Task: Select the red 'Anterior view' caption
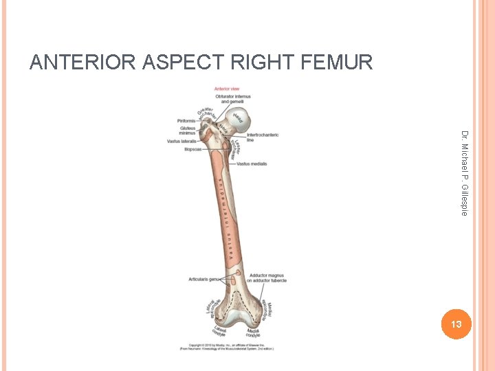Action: (x=226, y=89)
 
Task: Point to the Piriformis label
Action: (x=186, y=120)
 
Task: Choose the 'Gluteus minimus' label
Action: (x=188, y=130)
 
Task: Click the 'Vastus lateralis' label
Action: (x=181, y=142)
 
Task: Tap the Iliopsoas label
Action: (x=192, y=149)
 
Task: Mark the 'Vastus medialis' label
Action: (x=252, y=164)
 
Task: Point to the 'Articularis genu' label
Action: (x=204, y=279)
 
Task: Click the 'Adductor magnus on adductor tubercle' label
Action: (x=267, y=278)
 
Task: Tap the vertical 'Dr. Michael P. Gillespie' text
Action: (x=465, y=172)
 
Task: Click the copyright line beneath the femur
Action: (x=227, y=346)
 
